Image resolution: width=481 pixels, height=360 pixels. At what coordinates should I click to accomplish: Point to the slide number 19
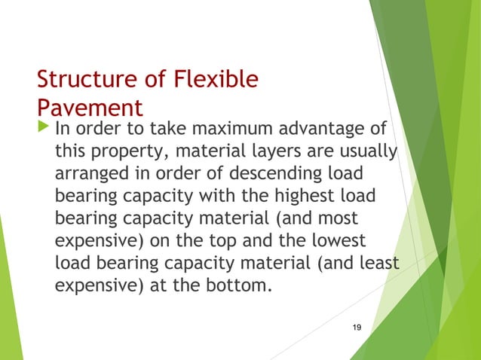tap(357, 325)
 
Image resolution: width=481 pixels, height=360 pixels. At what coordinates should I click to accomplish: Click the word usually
tap(369, 152)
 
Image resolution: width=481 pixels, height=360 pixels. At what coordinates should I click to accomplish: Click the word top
tap(215, 239)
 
